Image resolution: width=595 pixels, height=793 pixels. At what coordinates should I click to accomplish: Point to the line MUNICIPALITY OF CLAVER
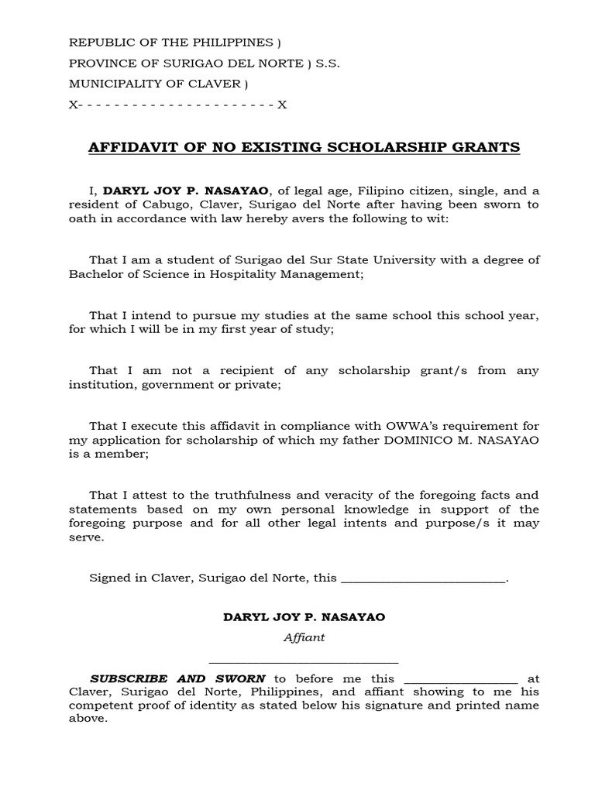158,84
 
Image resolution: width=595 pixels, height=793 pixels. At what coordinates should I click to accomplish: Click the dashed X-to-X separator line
177,105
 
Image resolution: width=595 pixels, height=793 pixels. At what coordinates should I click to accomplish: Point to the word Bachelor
95,274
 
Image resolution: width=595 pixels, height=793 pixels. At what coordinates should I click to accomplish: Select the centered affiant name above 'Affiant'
304,617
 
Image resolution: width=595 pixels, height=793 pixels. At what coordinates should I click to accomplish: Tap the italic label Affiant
304,637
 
